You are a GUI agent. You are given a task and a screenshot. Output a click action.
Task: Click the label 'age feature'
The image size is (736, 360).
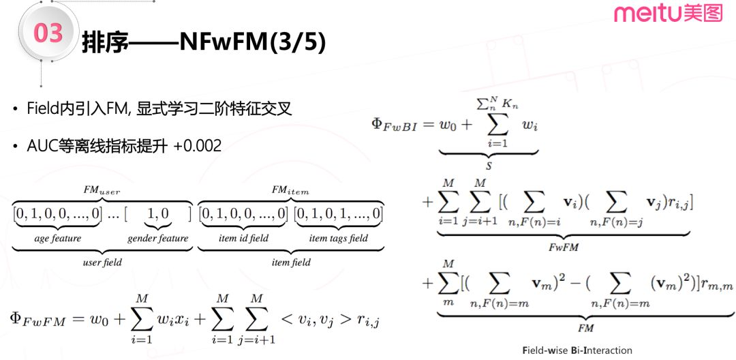tap(58, 239)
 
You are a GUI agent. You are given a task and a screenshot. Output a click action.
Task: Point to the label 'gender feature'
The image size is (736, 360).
tap(157, 239)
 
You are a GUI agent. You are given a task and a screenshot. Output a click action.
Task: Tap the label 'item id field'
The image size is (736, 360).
tap(243, 239)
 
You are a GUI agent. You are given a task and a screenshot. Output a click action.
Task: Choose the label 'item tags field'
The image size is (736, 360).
tap(338, 239)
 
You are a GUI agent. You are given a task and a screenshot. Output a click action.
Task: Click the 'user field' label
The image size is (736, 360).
tap(102, 262)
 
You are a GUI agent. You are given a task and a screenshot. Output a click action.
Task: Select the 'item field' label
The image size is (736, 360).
tap(291, 262)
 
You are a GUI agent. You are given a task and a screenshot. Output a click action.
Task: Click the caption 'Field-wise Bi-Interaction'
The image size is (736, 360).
tap(577, 350)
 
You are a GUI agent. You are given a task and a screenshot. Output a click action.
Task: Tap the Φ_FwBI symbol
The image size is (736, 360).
tap(394, 125)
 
